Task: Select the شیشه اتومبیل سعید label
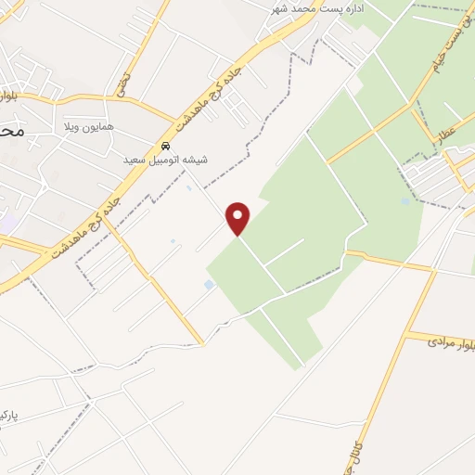[166, 160]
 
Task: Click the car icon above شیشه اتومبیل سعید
[165, 146]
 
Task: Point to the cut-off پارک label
[8, 412]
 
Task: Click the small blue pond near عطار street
[406, 201]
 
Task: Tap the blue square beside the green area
[209, 284]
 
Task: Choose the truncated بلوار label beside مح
[6, 96]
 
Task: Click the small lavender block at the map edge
[6, 223]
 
